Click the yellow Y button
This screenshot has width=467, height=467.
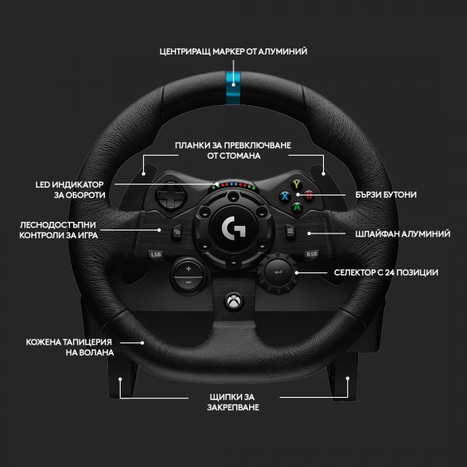pos(297,185)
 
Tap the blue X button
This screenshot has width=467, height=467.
pos(285,196)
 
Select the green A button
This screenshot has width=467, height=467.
pos(297,207)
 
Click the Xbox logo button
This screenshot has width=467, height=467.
pos(233,301)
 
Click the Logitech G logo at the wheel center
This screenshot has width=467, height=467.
pos(233,228)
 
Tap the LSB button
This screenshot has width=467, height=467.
pos(156,255)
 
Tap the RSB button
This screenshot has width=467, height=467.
pos(311,254)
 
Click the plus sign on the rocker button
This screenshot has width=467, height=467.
pos(188,269)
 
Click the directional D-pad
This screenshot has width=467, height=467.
pos(171,196)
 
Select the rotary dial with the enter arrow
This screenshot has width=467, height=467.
pos(278,272)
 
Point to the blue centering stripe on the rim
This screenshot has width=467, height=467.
pos(233,88)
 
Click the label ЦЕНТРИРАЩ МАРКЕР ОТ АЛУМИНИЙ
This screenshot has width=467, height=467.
pos(233,51)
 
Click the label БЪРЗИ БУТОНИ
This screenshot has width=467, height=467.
pos(386,195)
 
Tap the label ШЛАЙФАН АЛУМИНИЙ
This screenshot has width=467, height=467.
pos(402,233)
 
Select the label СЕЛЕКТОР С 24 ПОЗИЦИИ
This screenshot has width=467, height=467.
pos(386,272)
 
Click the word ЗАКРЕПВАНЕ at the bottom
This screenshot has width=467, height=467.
pos(233,407)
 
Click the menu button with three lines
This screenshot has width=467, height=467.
pos(290,231)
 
